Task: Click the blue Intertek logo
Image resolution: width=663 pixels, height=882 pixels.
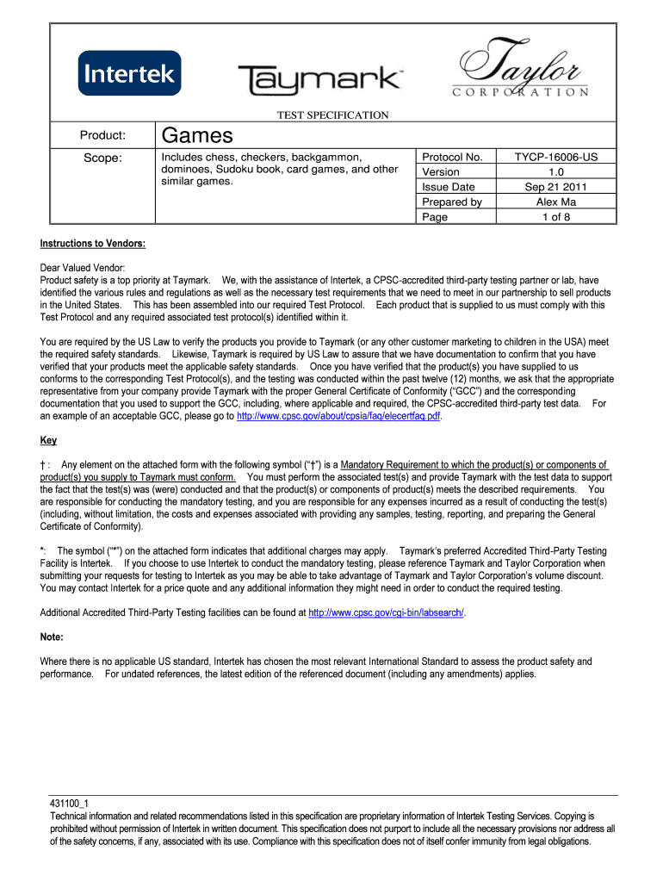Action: [x=129, y=73]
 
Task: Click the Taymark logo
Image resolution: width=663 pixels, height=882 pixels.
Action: [x=319, y=79]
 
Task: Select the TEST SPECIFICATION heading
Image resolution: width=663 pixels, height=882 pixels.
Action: [x=332, y=115]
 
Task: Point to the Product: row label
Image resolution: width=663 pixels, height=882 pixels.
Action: [x=102, y=135]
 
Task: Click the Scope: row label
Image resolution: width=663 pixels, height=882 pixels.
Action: [x=102, y=158]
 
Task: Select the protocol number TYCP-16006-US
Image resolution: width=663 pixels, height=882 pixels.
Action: [x=555, y=158]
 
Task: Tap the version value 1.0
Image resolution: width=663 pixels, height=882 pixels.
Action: [x=555, y=172]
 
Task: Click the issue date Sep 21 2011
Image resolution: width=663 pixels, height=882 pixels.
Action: [x=555, y=187]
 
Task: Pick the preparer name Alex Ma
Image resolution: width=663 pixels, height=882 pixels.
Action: [x=555, y=202]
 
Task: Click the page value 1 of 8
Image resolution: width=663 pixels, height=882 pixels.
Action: [x=555, y=217]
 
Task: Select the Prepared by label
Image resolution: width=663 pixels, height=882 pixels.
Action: [x=451, y=202]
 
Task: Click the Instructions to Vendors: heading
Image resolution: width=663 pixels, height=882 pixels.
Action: [x=93, y=244]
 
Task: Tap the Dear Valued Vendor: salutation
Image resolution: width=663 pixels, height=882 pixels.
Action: [x=83, y=268]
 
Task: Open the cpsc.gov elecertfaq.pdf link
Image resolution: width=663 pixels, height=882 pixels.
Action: [x=338, y=416]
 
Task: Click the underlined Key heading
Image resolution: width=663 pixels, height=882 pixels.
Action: [x=48, y=441]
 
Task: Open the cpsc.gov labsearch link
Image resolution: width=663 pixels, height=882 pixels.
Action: [x=386, y=613]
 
